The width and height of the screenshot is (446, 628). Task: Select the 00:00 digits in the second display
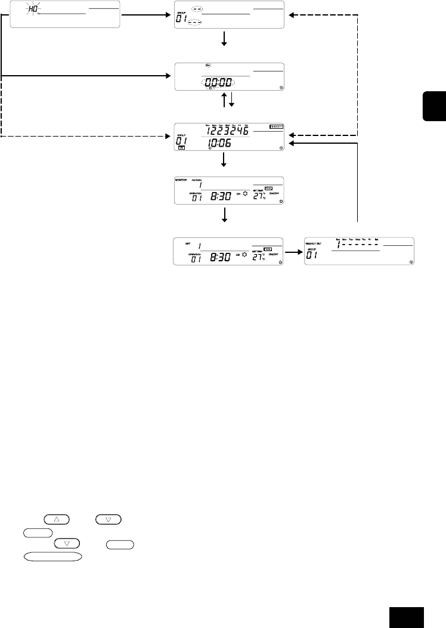tap(218, 85)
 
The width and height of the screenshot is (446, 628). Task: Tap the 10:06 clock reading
tap(216, 143)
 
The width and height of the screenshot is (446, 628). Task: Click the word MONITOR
tap(181, 179)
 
